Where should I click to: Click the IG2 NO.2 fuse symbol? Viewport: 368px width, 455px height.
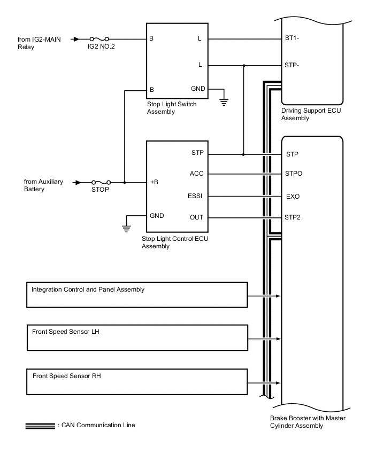tap(99, 39)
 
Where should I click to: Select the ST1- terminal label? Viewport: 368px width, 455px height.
tap(293, 39)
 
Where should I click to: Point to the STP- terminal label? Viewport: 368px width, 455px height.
tap(293, 65)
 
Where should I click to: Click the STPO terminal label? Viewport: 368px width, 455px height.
tap(294, 174)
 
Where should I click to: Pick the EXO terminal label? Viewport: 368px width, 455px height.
tap(293, 196)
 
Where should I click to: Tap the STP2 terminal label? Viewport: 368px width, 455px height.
tap(294, 217)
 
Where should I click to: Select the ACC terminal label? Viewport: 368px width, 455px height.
tap(196, 174)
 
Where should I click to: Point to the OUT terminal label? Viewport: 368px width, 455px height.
tap(196, 217)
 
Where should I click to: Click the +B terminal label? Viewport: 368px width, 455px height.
tap(154, 182)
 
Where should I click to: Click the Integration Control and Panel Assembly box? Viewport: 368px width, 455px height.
tap(137, 295)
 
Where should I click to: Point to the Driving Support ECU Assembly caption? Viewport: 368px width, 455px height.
tap(311, 114)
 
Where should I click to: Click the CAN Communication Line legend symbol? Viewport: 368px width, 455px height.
tap(40, 426)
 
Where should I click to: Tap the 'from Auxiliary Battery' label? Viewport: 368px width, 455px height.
tap(43, 185)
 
